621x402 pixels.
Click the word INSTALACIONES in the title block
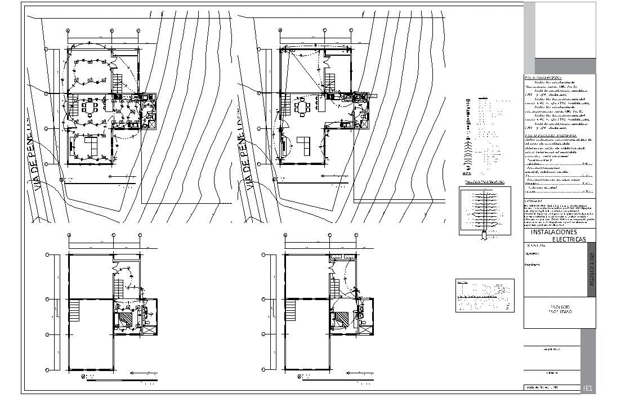(553, 232)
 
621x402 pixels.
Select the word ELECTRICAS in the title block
(569, 240)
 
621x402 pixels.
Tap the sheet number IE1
(587, 388)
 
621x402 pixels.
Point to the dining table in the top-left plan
(90, 107)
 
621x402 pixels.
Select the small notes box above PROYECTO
(484, 296)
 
